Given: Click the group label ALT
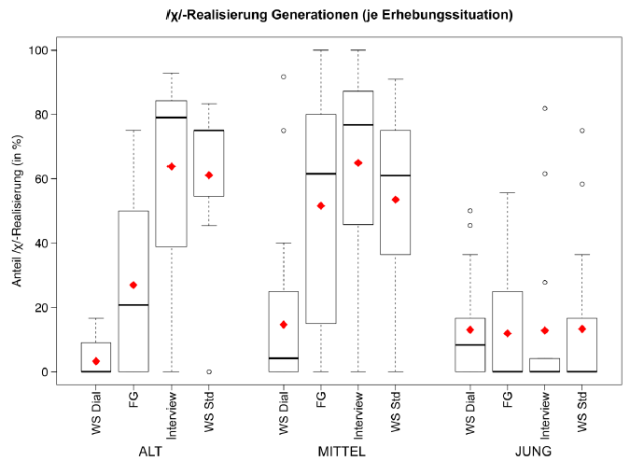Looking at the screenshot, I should click(x=151, y=452).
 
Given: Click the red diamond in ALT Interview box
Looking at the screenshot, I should click(x=171, y=166).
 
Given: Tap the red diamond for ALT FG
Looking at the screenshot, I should click(x=133, y=285).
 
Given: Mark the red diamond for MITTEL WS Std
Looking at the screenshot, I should click(x=396, y=199).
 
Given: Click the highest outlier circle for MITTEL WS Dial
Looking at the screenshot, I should click(x=284, y=77).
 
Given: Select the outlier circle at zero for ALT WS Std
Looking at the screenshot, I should click(x=208, y=371).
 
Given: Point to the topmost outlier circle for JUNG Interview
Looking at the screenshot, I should click(x=546, y=108).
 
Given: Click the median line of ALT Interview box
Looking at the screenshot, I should click(x=171, y=118).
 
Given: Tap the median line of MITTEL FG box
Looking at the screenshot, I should click(x=321, y=174).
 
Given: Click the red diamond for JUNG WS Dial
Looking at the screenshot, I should click(x=471, y=329).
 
